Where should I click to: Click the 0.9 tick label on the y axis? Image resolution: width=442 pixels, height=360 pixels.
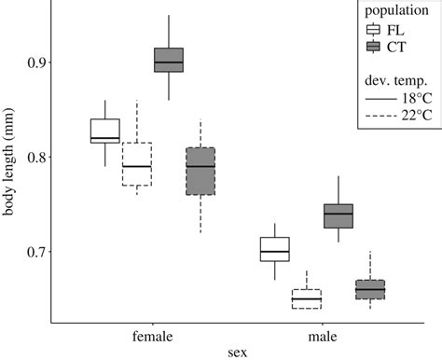coord(33,62)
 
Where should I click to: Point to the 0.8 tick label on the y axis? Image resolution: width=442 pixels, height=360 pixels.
coord(33,158)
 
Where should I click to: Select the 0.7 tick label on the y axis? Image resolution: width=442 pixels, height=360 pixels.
coord(33,252)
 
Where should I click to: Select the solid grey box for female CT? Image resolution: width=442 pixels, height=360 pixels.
coord(168,60)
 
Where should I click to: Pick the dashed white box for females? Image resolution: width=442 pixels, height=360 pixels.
coord(137,164)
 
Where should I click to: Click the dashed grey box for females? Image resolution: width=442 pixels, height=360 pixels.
coord(200,170)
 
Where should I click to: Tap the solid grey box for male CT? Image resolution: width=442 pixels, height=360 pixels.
coord(338,215)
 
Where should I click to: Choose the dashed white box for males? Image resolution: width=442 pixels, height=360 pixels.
coord(306,298)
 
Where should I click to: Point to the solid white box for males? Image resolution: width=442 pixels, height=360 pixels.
coord(274,249)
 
